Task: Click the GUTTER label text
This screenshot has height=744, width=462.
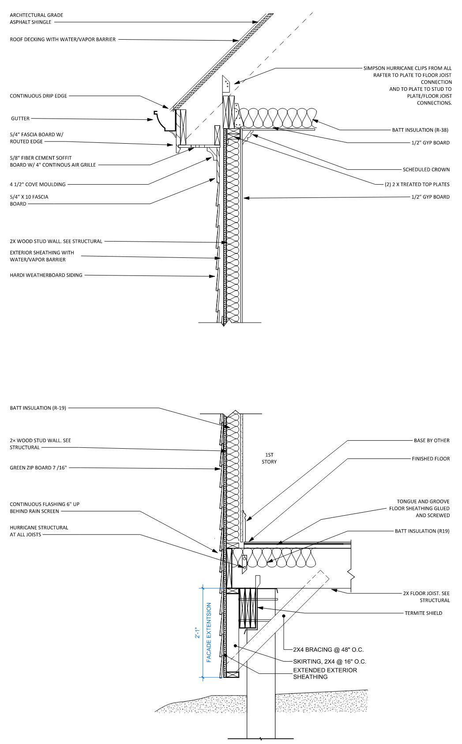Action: pos(19,119)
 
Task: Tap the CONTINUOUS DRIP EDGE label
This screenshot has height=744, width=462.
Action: pos(38,96)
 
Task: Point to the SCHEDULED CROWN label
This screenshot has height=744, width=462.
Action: pos(426,169)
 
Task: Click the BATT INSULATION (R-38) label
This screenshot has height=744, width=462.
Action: pos(421,130)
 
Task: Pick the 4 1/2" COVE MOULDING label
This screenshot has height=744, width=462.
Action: pos(38,184)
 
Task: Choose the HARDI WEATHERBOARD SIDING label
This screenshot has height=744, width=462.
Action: pos(46,275)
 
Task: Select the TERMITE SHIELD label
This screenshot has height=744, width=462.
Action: pos(423,613)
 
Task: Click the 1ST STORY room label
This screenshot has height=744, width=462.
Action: pos(269,458)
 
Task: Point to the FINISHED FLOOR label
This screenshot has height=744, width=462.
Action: pos(431,459)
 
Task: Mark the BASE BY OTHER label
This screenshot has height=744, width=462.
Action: pos(431,440)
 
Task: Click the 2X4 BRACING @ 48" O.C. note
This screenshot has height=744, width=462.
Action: pos(328,650)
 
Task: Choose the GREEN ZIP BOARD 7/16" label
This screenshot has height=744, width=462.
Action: pos(38,468)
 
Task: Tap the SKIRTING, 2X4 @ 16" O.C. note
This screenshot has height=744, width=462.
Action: pos(330,662)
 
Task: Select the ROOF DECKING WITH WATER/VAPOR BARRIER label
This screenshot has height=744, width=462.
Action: pos(63,39)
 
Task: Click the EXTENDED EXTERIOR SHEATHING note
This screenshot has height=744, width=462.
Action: pos(325,673)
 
